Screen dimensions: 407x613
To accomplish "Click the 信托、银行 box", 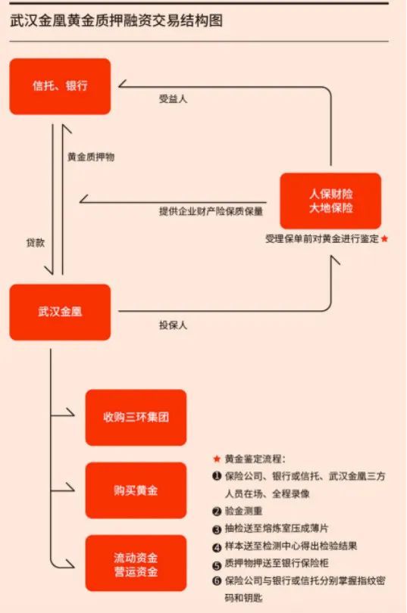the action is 60,86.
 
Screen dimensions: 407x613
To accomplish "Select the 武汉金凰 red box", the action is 60,312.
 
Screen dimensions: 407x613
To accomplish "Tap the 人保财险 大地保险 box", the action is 330,201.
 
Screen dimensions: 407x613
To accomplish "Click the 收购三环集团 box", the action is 136,418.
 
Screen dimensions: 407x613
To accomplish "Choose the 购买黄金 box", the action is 136,490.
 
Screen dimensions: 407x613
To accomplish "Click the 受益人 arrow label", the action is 173,99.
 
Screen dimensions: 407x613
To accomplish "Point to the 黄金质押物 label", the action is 91,157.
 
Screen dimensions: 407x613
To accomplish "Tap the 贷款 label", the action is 35,242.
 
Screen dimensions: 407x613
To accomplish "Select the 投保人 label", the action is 173,325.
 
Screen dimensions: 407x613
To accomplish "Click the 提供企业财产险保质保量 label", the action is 211,211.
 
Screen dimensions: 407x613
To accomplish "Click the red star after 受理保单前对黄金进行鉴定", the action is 385,238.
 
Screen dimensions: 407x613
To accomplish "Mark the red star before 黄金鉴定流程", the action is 217,459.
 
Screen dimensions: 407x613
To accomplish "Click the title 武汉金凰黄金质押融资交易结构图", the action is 116,20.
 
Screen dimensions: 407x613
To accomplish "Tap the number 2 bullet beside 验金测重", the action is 217,512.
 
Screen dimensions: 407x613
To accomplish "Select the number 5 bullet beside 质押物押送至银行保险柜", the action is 217,565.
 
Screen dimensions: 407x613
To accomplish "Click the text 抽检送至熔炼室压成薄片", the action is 277,528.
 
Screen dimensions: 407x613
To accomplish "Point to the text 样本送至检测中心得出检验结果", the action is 291,546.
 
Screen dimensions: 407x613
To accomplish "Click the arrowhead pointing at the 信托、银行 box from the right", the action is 122,84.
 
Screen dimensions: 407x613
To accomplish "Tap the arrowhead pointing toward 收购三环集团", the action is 70,412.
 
